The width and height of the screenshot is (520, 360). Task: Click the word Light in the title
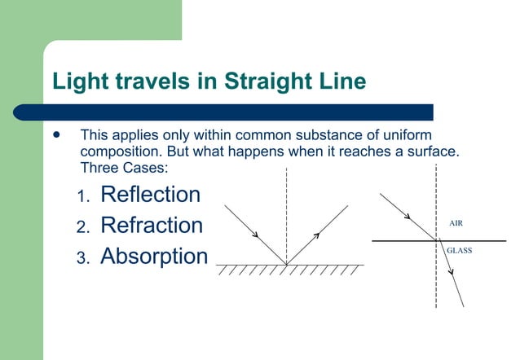(77, 82)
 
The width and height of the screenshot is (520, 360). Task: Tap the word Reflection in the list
(150, 195)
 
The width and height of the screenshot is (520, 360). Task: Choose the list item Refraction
(151, 225)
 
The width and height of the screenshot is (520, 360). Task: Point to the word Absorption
(154, 257)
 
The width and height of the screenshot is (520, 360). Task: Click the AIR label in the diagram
(457, 222)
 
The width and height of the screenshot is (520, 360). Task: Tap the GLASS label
(459, 251)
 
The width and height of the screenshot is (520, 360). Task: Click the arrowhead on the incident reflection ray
(256, 235)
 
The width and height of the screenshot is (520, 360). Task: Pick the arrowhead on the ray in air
(408, 217)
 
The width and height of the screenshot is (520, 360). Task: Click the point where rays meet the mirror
(286, 264)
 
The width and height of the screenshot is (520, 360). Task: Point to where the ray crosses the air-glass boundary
(436, 241)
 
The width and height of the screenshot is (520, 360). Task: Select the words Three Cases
(121, 168)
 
